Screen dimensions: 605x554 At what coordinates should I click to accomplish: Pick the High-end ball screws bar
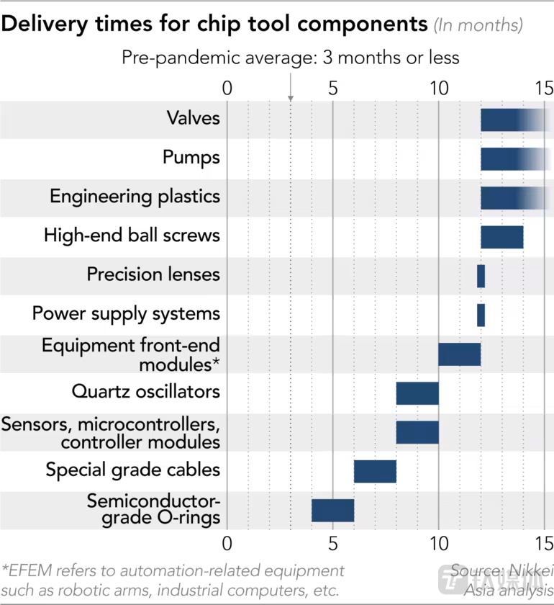coord(501,236)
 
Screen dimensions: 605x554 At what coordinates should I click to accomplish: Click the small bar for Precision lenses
coord(481,275)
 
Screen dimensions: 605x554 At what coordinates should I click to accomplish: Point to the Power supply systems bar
coord(481,315)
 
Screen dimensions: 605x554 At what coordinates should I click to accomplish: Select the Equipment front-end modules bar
coord(459,354)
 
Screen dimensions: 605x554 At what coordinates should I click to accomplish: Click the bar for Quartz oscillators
coord(417,393)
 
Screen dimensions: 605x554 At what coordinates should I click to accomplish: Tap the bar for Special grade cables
coord(375,471)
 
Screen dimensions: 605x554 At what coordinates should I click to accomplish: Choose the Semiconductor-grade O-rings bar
coord(332,510)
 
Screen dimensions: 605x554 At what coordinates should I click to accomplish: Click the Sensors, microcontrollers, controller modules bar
coord(417,432)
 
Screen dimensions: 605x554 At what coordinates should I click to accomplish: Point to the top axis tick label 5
coord(332,89)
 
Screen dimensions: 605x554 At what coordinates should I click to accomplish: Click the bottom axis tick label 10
coord(438,542)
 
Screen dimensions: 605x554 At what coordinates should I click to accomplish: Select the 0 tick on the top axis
coord(227,89)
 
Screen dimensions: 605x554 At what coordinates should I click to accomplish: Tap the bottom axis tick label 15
coord(544,542)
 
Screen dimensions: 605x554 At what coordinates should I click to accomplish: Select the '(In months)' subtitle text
coord(477,25)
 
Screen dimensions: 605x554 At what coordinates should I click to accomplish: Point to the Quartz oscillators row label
coord(146,392)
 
